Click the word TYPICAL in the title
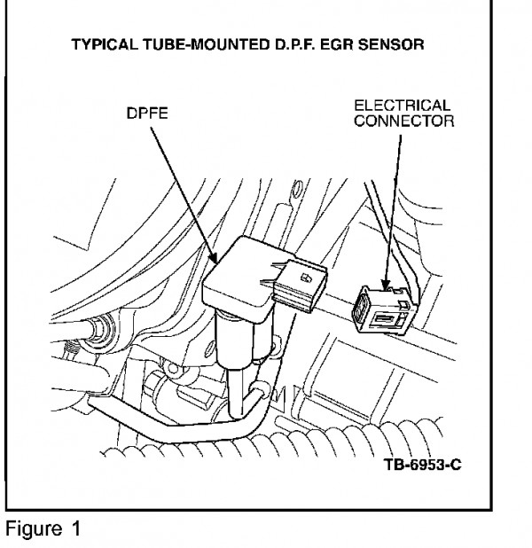pos(104,44)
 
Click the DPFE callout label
pos(147,114)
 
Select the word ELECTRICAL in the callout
pos(402,106)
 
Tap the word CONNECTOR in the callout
pos(404,121)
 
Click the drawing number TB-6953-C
pos(423,465)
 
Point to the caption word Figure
pos(34,528)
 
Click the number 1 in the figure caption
pos(76,528)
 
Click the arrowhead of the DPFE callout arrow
pos(213,258)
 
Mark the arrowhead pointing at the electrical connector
pos(386,285)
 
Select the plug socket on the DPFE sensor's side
pos(300,286)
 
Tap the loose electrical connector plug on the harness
pos(385,309)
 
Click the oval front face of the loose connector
pos(360,309)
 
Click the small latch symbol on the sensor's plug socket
pos(307,278)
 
